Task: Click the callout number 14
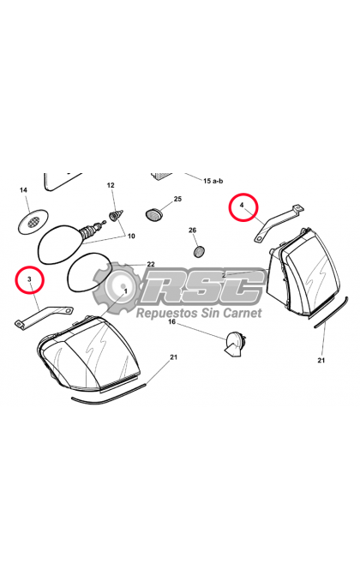(23, 190)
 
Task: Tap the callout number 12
(111, 185)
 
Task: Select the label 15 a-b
(213, 181)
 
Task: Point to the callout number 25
(177, 199)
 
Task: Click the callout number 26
(192, 231)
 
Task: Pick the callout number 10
(131, 236)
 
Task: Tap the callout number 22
(151, 264)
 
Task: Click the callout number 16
(171, 321)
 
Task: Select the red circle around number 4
(243, 207)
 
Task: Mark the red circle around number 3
(30, 279)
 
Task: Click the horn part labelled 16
(234, 344)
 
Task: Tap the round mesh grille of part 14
(33, 222)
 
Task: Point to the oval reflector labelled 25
(153, 214)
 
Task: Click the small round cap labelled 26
(200, 252)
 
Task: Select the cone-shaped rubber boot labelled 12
(116, 214)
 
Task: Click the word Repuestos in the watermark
(167, 313)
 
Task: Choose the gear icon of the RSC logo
(117, 286)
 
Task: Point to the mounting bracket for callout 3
(44, 315)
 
